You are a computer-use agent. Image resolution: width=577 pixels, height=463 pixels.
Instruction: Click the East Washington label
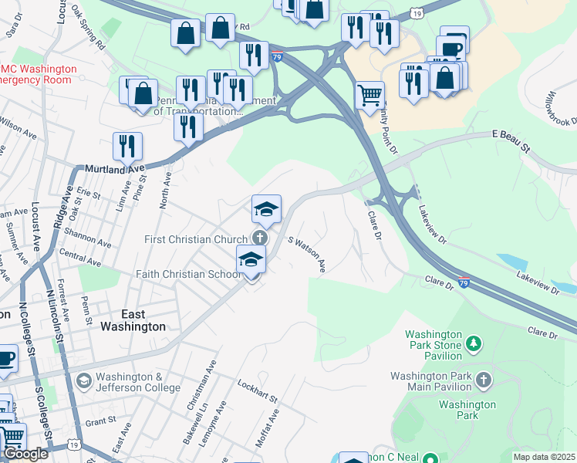click(133, 320)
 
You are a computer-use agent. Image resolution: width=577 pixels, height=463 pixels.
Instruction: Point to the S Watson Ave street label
click(307, 254)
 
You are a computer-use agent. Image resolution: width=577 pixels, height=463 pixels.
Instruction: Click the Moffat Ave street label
click(273, 427)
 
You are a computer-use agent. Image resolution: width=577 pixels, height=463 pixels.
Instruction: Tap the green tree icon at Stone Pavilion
click(474, 343)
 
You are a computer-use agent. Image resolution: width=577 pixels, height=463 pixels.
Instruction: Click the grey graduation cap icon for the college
click(83, 380)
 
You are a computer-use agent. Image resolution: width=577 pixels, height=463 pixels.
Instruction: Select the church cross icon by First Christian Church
click(261, 238)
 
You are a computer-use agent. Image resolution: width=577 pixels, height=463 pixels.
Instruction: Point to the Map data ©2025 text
click(544, 457)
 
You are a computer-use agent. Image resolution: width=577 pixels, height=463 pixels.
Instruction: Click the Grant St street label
click(100, 422)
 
